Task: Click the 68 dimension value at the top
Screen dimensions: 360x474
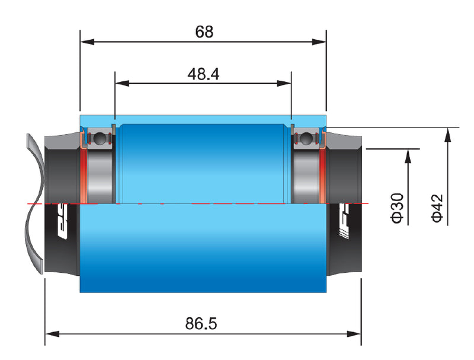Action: (x=203, y=31)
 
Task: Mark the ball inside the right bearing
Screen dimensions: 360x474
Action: (x=306, y=139)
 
